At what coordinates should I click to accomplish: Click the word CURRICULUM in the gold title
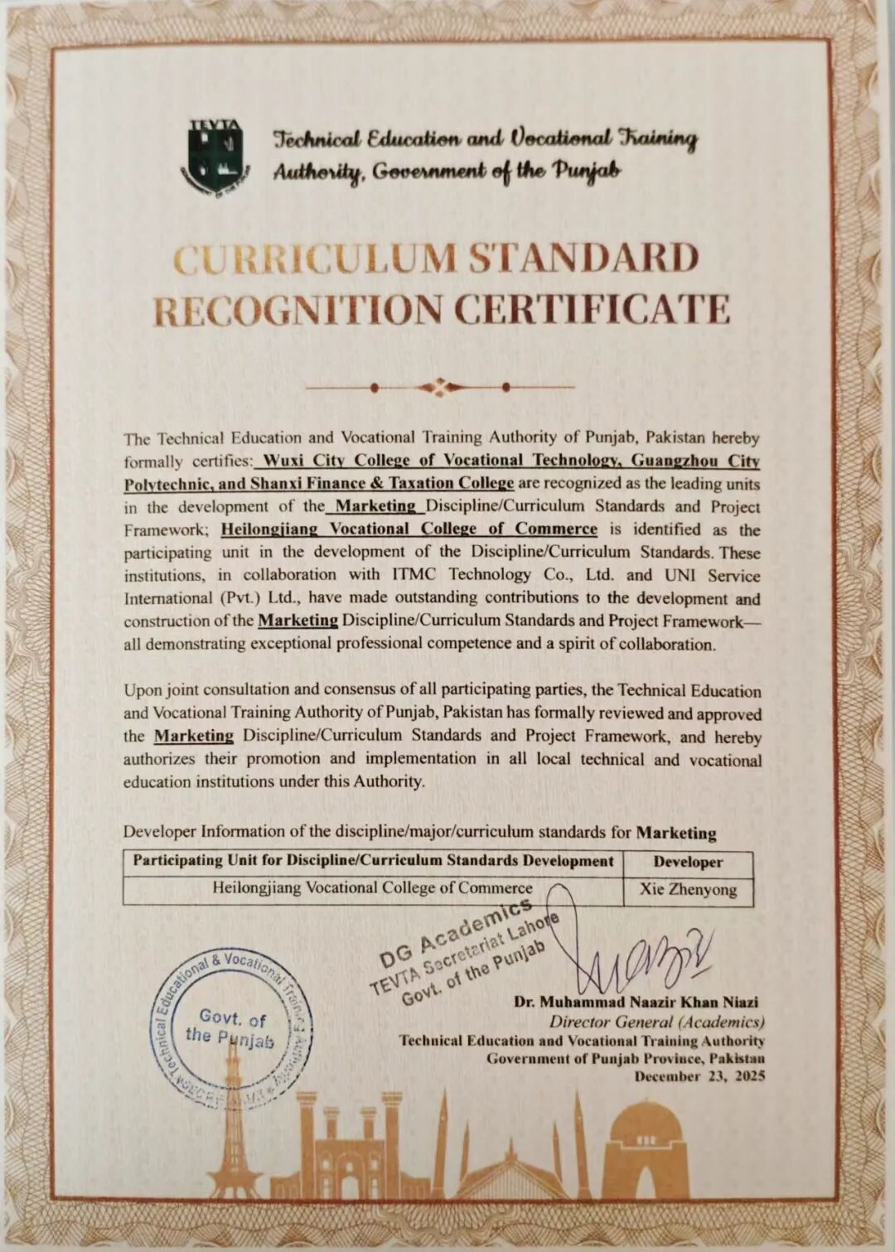coord(316,259)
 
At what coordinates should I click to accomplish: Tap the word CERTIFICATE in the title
coord(592,310)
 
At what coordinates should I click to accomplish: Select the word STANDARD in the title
coord(583,259)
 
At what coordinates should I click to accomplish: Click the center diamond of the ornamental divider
coord(440,386)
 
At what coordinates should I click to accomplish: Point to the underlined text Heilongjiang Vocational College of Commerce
coord(409,529)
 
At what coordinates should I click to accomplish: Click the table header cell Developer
coord(687,862)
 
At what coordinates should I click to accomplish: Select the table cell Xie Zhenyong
coord(687,890)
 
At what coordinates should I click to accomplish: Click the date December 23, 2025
coord(699,1076)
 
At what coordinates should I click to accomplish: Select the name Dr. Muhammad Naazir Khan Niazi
coord(636,1002)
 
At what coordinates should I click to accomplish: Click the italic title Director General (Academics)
coord(656,1022)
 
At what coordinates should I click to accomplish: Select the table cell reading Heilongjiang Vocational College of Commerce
coord(372,888)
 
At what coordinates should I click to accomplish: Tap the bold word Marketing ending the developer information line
coord(675,833)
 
